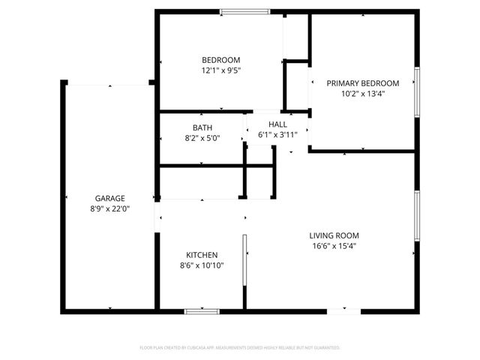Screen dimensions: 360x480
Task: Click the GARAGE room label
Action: [x=109, y=199]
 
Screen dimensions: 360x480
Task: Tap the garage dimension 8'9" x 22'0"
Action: [x=109, y=209]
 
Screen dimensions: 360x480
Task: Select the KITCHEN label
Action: [x=202, y=255]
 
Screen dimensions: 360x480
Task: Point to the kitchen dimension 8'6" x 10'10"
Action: [x=202, y=265]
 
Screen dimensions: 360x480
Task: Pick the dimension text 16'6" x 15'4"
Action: [x=335, y=245]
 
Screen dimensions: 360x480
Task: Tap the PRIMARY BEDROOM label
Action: [x=362, y=83]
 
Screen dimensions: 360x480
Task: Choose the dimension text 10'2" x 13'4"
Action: [x=362, y=94]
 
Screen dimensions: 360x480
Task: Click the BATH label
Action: [x=202, y=127]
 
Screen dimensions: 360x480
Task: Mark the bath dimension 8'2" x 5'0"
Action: [x=202, y=138]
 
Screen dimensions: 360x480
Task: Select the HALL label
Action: [x=277, y=124]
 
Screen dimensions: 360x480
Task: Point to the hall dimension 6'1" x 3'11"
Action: [x=277, y=135]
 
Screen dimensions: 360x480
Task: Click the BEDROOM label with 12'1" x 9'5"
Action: [x=220, y=60]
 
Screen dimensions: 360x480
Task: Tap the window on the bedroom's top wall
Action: [x=244, y=11]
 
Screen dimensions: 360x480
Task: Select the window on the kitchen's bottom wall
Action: [x=202, y=310]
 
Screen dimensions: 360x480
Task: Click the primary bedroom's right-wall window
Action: [x=417, y=92]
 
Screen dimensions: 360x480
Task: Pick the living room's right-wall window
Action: [x=417, y=216]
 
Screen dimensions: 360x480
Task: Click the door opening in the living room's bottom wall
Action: [x=343, y=310]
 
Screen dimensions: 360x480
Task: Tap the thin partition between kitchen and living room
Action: [x=244, y=270]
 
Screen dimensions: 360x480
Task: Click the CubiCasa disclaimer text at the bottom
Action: [x=240, y=348]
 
